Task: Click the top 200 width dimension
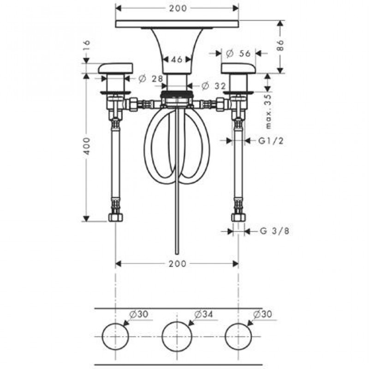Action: [x=178, y=8]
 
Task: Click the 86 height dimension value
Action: [x=280, y=45]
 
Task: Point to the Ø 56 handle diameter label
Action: [x=238, y=54]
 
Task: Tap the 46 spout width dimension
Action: [x=177, y=60]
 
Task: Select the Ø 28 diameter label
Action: [x=151, y=78]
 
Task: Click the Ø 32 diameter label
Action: [x=214, y=86]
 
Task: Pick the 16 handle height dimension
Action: [x=87, y=46]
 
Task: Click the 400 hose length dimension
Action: [x=87, y=146]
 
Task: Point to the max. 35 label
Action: [x=268, y=112]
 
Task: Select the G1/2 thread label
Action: [x=271, y=141]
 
